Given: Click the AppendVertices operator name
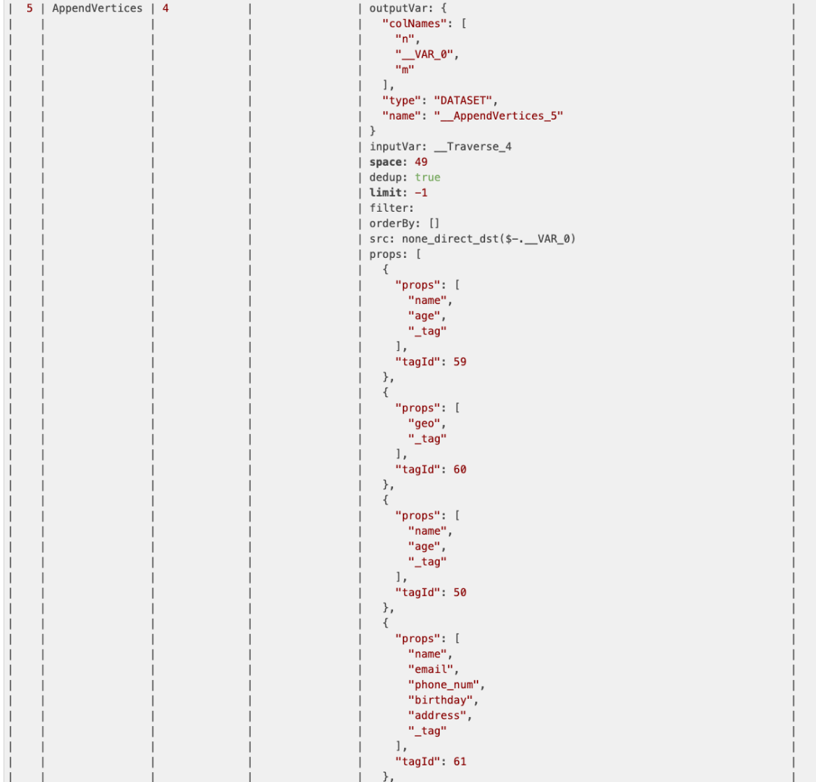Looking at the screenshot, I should (97, 8).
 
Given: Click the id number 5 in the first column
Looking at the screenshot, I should (29, 8).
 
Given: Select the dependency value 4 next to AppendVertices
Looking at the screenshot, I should (165, 8).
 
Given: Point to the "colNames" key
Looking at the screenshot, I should (413, 23).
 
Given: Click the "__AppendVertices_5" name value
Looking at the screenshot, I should (498, 116).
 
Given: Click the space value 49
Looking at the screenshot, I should (421, 162).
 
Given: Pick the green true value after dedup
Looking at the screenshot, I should (427, 177).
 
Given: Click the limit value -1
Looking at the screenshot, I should (421, 193).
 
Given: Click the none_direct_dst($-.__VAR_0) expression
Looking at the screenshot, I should (489, 239).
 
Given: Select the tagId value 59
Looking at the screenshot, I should (459, 362).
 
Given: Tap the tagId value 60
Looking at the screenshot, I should (459, 470).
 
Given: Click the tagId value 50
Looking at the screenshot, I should (459, 592).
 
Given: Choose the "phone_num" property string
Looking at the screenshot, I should (445, 684).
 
